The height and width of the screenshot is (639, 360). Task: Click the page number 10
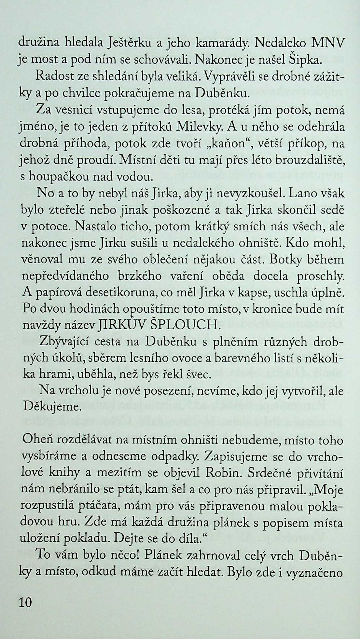[25, 603]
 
